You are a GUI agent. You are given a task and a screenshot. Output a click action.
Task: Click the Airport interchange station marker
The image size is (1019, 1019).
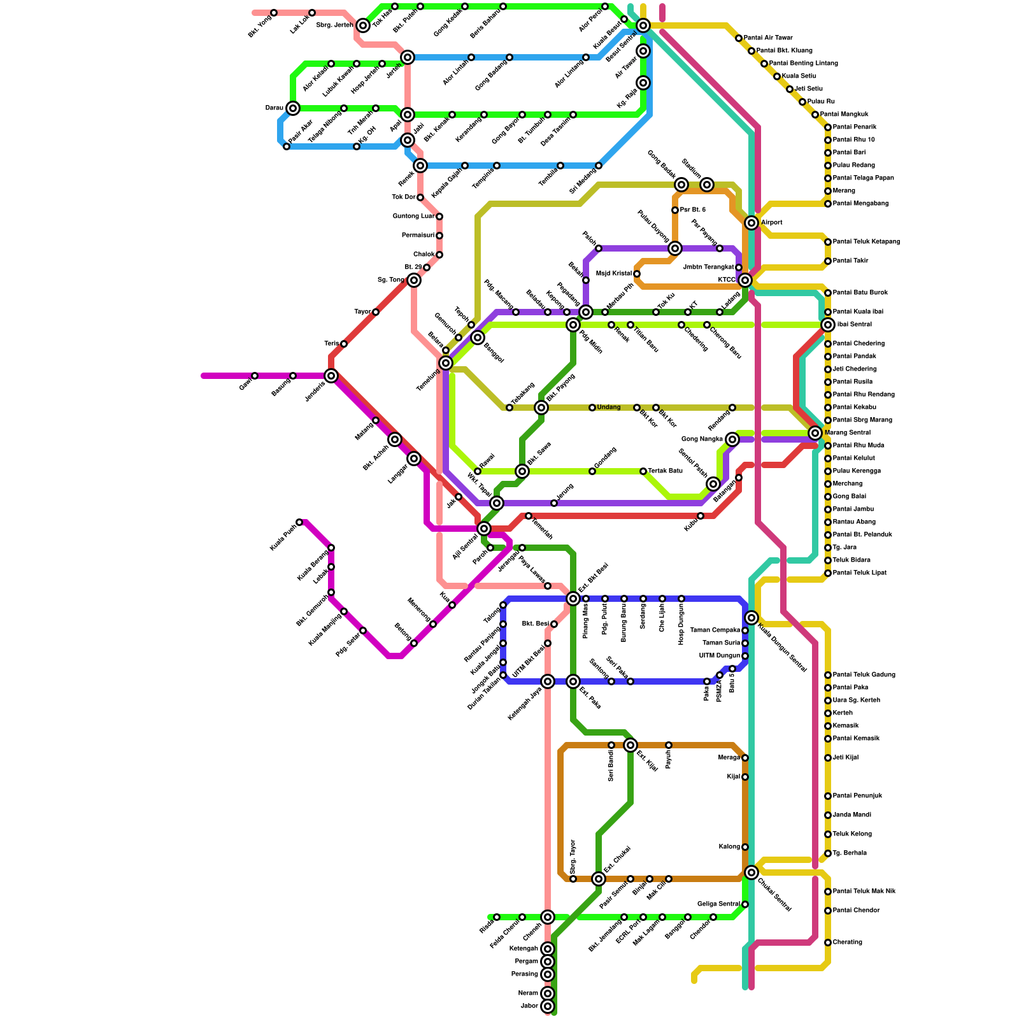752,223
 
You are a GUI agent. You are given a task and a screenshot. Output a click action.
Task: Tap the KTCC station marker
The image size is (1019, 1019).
745,280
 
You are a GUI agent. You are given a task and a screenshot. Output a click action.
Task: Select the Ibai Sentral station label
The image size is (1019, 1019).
854,325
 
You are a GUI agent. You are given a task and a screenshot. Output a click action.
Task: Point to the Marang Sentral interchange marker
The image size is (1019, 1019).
815,433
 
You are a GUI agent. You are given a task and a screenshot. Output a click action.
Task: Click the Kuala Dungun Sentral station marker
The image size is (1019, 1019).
752,618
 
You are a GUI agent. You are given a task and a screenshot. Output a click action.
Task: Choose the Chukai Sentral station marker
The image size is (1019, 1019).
752,873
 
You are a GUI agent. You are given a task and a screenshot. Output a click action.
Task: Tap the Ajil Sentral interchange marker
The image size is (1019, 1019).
484,529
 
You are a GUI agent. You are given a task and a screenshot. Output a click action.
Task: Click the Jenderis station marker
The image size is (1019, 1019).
331,376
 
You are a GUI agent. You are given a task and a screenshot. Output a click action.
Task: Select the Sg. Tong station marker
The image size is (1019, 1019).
414,280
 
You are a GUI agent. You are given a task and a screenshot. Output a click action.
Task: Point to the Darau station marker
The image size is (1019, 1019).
293,108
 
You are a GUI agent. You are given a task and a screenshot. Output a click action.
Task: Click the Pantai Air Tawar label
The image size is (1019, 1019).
768,38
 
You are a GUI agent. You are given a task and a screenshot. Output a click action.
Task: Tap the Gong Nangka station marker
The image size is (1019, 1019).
732,439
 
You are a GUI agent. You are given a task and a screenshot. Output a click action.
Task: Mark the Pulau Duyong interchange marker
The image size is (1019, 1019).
675,248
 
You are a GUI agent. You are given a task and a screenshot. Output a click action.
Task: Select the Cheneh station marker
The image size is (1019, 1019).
548,917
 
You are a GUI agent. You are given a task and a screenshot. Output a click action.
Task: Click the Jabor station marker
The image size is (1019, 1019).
548,1006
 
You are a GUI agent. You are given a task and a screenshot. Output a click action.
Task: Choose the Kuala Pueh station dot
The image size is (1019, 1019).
299,522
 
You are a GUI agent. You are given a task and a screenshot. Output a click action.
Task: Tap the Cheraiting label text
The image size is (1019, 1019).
848,943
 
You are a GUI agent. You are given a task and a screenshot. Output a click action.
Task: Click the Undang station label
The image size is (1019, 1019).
609,408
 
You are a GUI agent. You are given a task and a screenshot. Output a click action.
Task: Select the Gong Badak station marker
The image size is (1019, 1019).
681,185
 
